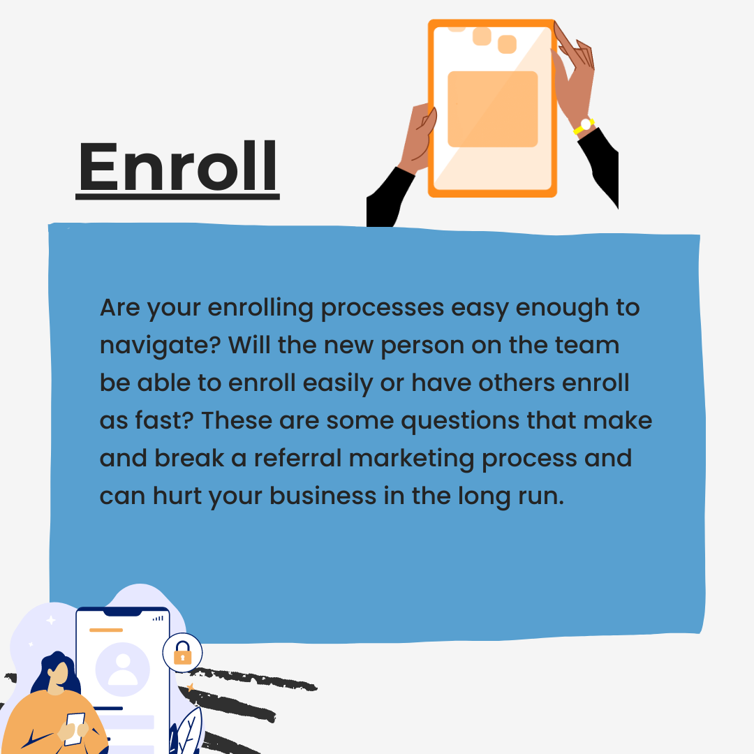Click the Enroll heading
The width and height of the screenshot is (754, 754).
click(177, 168)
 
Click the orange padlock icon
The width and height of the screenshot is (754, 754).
click(182, 653)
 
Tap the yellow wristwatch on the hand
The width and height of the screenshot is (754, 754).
click(584, 126)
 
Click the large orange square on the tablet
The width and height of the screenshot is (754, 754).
click(492, 109)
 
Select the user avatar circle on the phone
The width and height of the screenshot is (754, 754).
click(123, 670)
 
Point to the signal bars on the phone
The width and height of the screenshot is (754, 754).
click(158, 618)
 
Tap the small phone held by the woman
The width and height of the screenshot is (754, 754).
click(75, 728)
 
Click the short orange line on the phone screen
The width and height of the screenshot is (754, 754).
click(106, 630)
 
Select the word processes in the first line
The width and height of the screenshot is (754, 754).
click(383, 309)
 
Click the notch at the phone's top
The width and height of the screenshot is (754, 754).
click(123, 612)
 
